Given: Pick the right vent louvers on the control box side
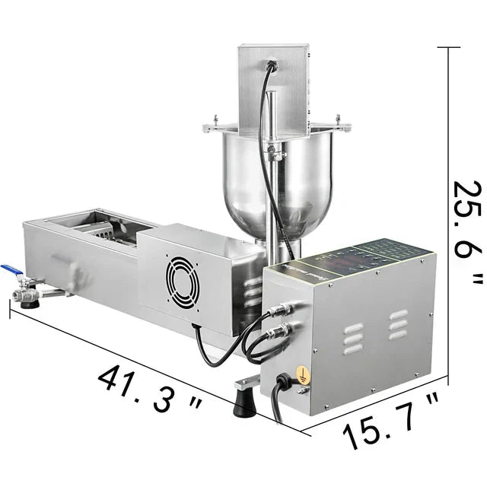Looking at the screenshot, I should pyautogui.click(x=396, y=324).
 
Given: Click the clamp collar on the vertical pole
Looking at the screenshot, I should pyautogui.click(x=275, y=154).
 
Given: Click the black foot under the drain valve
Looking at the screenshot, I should pyautogui.click(x=31, y=303).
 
